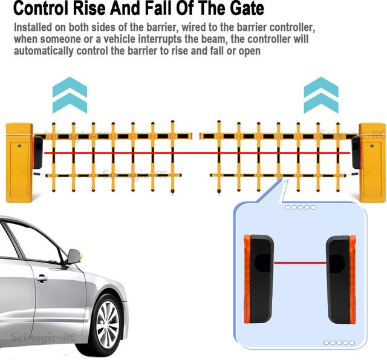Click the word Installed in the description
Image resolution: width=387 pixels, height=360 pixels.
(33, 27)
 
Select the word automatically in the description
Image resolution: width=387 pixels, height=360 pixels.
(44, 51)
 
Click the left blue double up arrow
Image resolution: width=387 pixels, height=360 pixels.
(70, 95)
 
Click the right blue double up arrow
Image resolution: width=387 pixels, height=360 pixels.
(321, 95)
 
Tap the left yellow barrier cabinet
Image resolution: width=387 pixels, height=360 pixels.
(19, 163)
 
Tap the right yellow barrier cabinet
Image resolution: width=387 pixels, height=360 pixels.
(372, 163)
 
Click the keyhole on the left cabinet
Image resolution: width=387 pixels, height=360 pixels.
(19, 146)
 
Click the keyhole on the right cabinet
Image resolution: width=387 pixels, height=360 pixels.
(372, 146)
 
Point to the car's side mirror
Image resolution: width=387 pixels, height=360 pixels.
(74, 256)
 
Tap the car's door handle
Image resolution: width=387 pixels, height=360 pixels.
(42, 278)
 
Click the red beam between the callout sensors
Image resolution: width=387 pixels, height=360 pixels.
(300, 263)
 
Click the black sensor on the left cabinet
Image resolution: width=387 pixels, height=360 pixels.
(37, 152)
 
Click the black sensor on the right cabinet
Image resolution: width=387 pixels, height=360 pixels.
(356, 152)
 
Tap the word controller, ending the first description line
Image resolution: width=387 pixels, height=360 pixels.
(292, 27)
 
